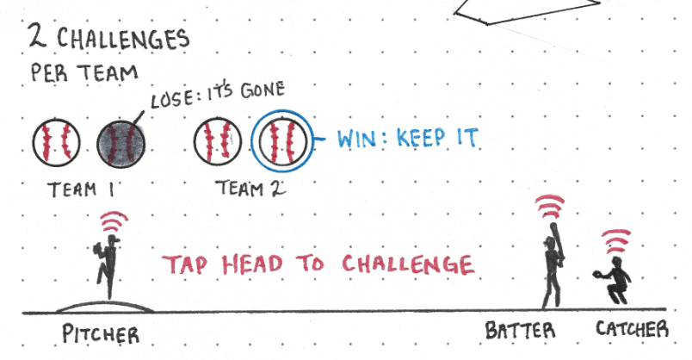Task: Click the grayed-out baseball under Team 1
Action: click(x=120, y=140)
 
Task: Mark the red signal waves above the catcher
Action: click(x=615, y=241)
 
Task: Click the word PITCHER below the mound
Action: click(x=100, y=334)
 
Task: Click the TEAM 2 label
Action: click(x=238, y=187)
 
